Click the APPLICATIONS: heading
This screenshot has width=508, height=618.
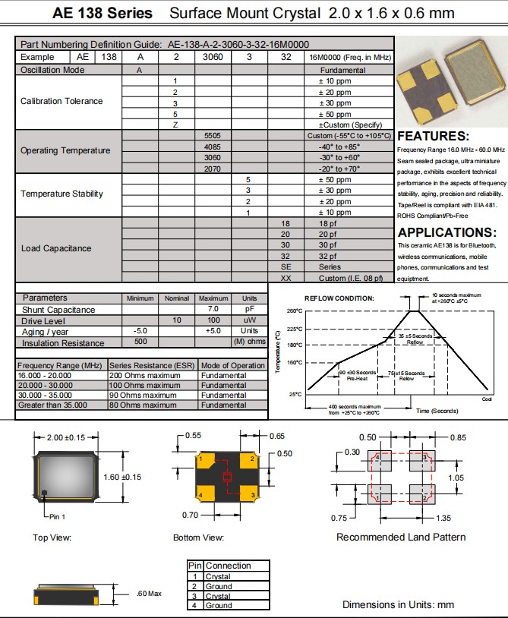coord(446,232)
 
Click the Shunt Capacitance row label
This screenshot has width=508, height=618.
coord(58,310)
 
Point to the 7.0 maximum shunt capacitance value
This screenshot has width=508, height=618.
coord(213,310)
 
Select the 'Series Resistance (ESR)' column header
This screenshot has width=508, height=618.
coord(153,366)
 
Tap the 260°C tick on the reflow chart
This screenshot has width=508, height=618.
coord(295,311)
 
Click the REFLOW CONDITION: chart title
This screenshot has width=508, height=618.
coord(339,298)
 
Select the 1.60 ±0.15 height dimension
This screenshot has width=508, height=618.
coord(122,476)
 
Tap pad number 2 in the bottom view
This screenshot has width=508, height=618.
coord(251,459)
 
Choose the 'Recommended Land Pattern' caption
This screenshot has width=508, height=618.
coord(401,538)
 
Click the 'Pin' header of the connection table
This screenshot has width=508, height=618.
coord(195,566)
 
